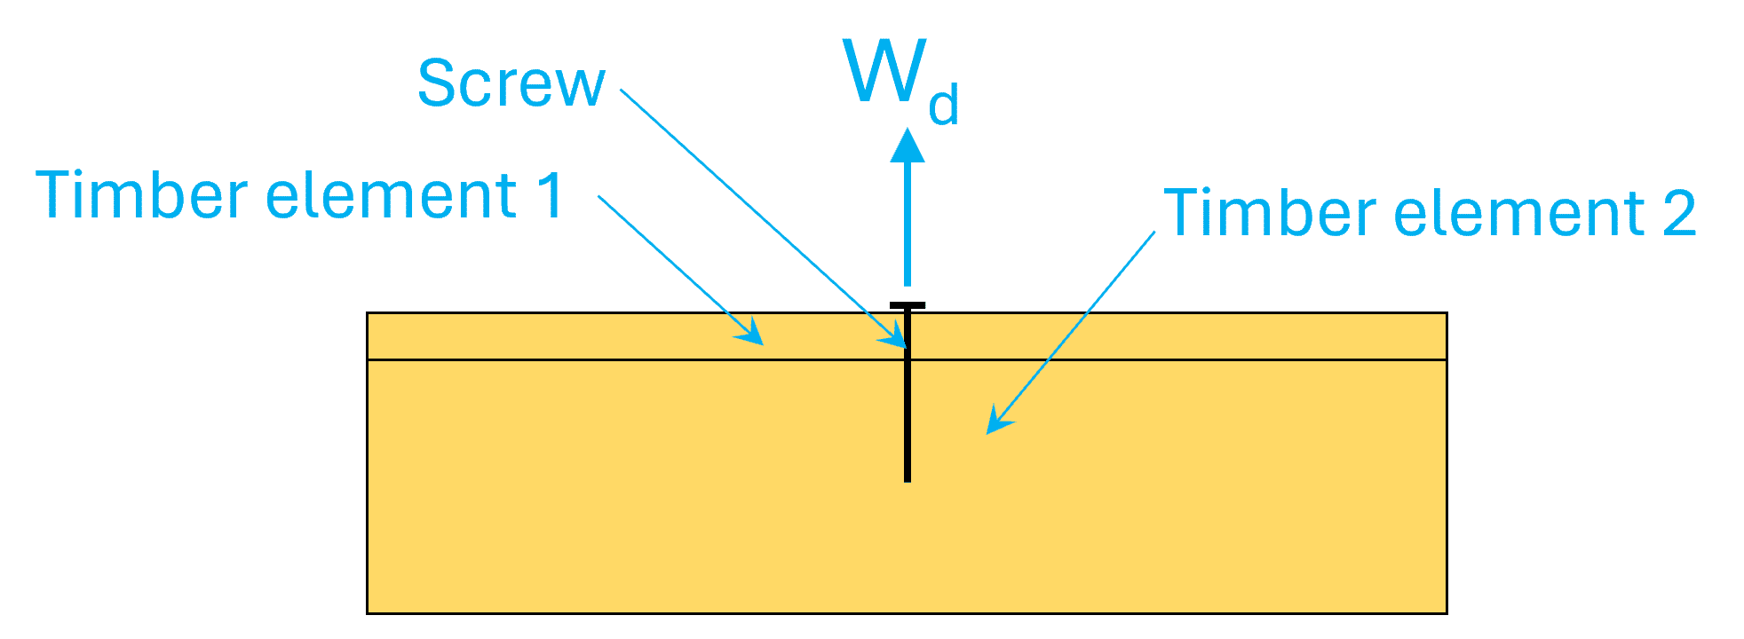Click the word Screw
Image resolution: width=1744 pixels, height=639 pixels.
[x=511, y=84]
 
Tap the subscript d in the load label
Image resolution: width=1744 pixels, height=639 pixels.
[x=943, y=105]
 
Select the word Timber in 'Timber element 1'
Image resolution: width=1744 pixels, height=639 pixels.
[x=141, y=194]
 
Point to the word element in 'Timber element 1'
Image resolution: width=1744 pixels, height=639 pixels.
[x=392, y=194]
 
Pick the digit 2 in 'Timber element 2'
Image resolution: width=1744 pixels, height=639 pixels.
[x=1679, y=213]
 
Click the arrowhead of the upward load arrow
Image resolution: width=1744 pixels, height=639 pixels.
[x=908, y=146]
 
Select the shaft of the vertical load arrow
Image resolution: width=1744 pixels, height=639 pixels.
[x=908, y=222]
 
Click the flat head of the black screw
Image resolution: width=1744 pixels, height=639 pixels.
[x=908, y=306]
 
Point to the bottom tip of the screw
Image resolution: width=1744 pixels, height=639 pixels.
[x=908, y=479]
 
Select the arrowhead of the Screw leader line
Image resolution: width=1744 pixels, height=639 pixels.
[x=897, y=338]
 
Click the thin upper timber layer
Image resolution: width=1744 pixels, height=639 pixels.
[x=533, y=336]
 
